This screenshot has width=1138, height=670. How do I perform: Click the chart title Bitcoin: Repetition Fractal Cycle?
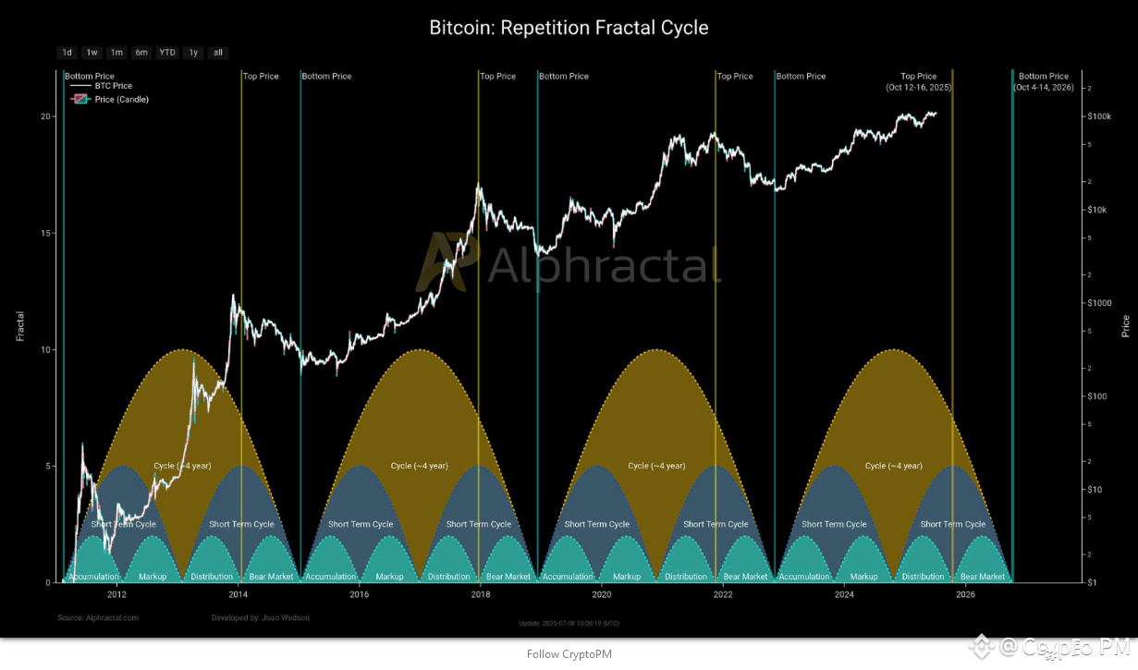click(x=569, y=28)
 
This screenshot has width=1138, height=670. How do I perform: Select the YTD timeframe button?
click(x=167, y=53)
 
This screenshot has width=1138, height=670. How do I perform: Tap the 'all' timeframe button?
click(x=218, y=53)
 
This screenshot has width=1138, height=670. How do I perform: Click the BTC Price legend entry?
click(x=113, y=86)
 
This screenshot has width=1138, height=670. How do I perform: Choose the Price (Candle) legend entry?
click(x=121, y=99)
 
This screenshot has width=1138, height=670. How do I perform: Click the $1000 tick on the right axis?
click(x=1100, y=303)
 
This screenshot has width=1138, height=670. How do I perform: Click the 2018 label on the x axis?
click(x=480, y=595)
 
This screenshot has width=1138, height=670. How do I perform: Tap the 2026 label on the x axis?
click(x=965, y=595)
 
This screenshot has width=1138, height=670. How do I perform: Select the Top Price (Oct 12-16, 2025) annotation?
click(x=918, y=81)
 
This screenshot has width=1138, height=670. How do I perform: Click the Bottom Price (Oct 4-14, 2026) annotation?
click(x=1044, y=81)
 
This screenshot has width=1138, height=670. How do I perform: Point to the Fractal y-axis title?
click(x=20, y=326)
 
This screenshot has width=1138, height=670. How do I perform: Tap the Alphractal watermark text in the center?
click(x=603, y=267)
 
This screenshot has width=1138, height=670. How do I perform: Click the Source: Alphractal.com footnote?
click(x=98, y=617)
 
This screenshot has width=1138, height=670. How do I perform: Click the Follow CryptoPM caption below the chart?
click(x=569, y=654)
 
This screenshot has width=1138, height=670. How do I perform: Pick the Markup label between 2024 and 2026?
click(x=863, y=577)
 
